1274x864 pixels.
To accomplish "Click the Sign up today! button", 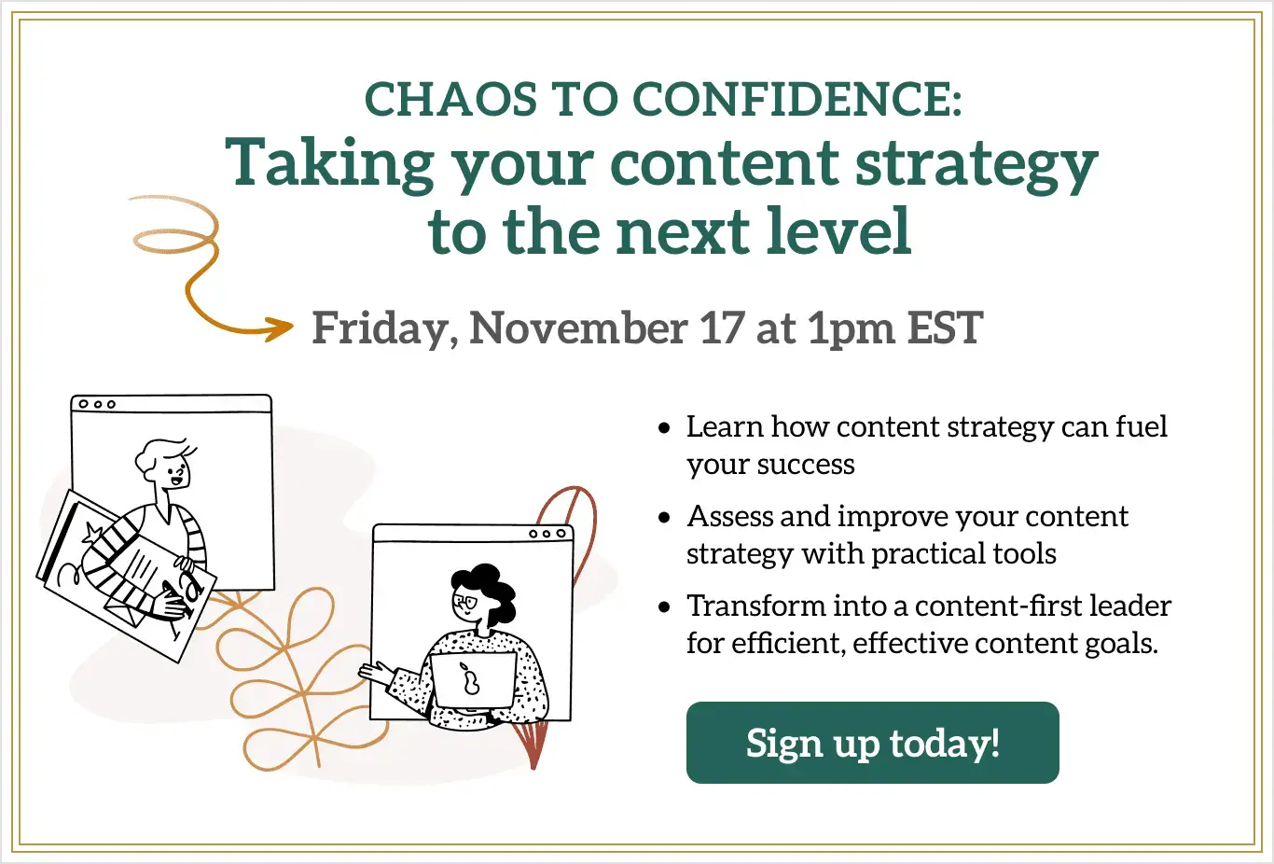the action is [872, 742].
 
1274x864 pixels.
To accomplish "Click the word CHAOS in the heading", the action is [450, 99].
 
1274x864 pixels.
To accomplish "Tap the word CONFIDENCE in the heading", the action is [797, 99].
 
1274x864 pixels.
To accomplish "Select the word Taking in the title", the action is [330, 164].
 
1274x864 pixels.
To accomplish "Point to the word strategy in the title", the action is [976, 166].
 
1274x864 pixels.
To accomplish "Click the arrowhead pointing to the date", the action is [281, 327].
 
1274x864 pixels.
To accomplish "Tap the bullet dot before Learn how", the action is [664, 428].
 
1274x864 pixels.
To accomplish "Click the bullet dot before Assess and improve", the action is [664, 518].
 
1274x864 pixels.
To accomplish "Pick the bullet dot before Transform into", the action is [664, 606].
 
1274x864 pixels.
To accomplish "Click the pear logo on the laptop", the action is [469, 678].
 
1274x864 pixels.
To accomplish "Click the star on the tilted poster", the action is [92, 533].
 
